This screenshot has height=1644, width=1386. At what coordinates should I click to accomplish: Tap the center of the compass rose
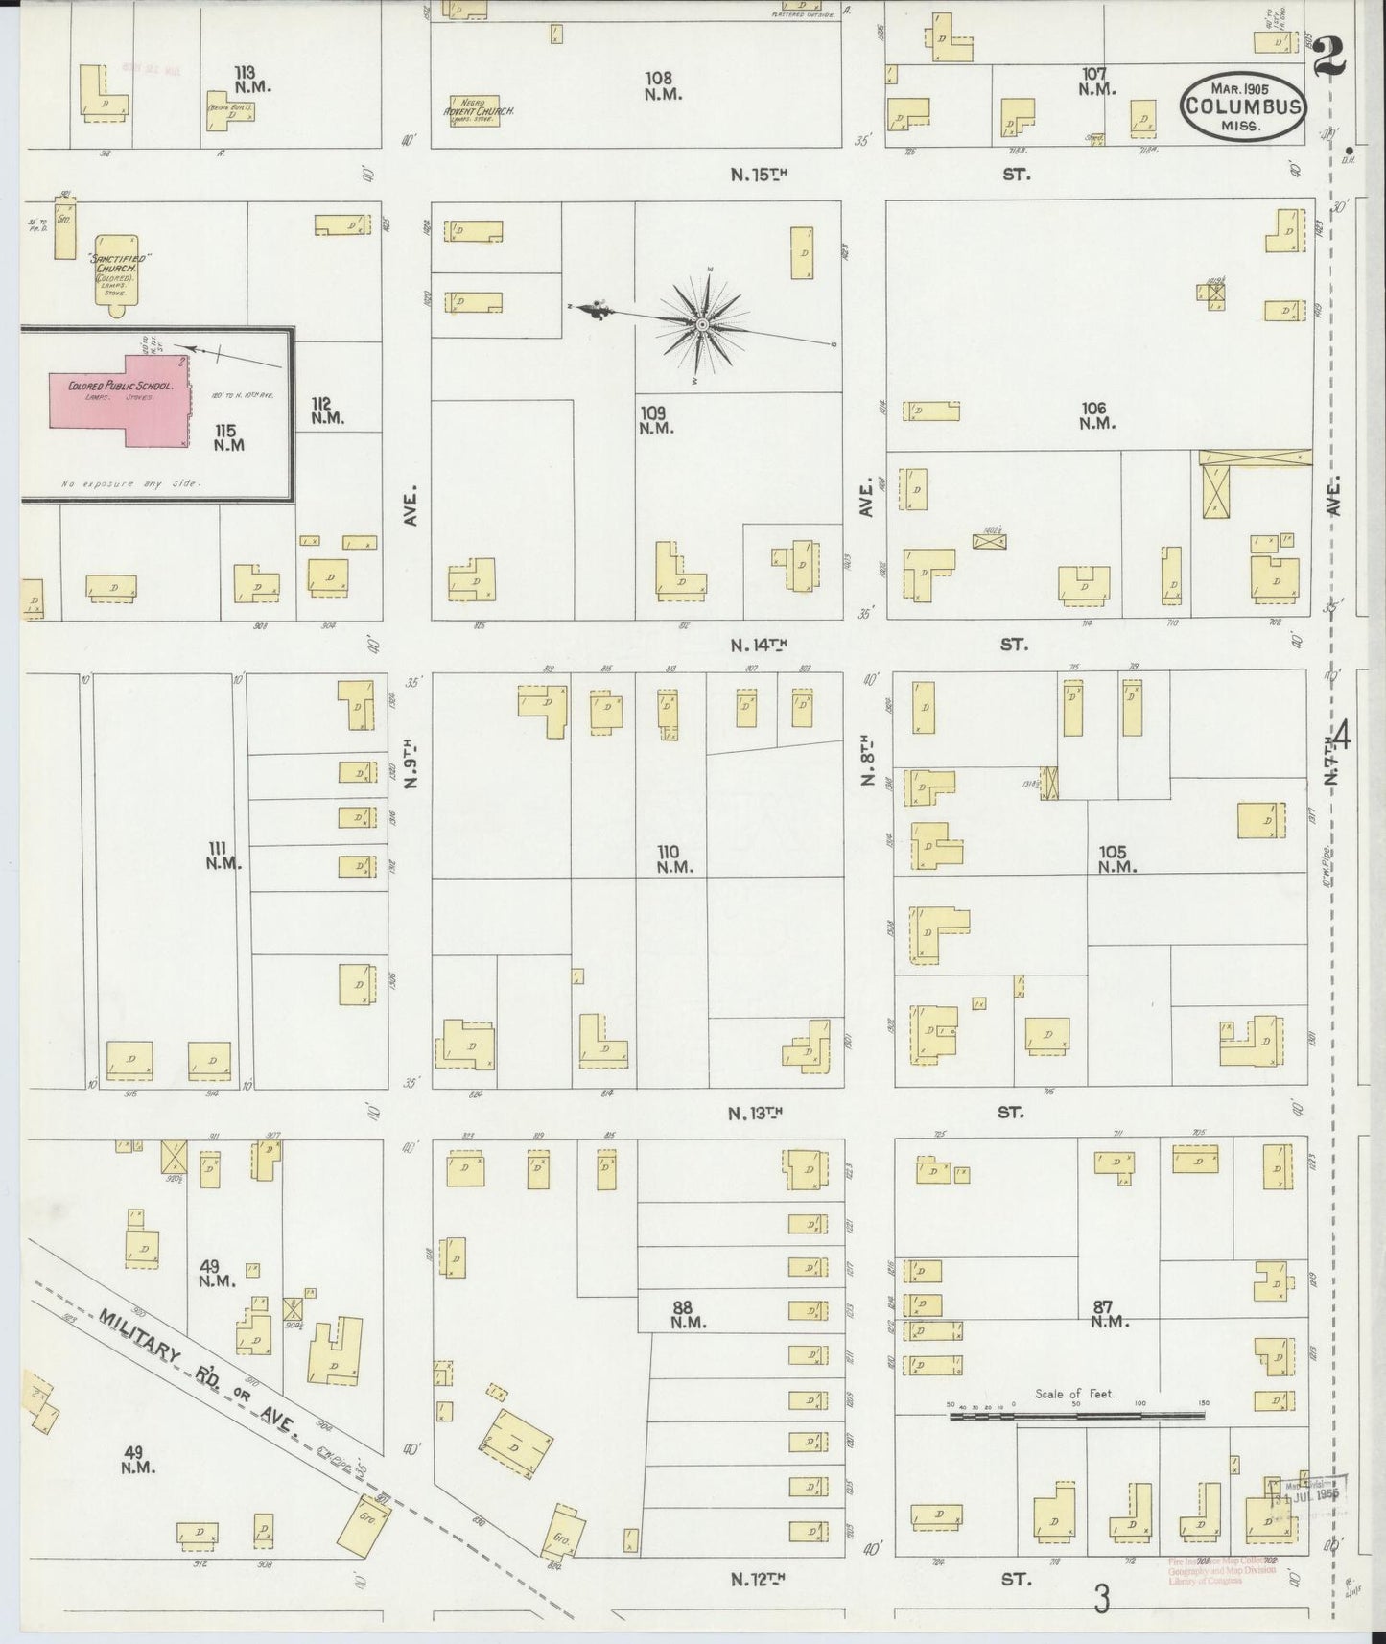(x=703, y=326)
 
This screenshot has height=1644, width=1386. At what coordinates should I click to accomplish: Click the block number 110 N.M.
(x=669, y=859)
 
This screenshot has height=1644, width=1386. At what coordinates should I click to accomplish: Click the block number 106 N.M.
(x=1097, y=414)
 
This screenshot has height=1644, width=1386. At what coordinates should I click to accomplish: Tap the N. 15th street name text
(x=759, y=175)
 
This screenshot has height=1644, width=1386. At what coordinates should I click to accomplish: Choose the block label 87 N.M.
(x=1110, y=1313)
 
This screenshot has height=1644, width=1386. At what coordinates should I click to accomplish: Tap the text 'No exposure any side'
(x=131, y=484)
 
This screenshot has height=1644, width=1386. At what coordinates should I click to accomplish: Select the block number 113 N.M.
(x=253, y=79)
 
